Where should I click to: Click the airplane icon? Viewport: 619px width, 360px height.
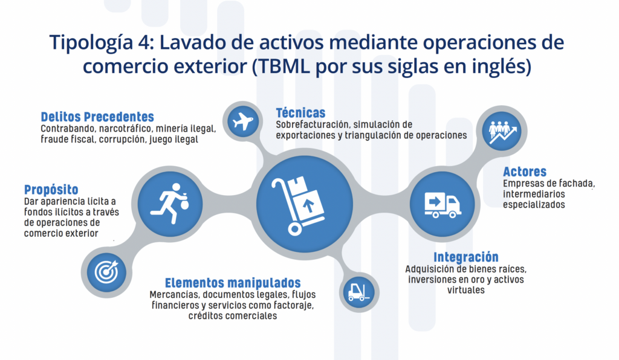(243, 121)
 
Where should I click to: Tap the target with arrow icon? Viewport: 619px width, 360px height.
(106, 272)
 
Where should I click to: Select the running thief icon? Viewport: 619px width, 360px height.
(170, 204)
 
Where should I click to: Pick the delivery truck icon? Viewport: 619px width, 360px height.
(442, 205)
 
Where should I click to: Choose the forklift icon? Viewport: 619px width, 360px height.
(359, 292)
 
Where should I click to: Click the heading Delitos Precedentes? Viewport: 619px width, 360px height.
(97, 117)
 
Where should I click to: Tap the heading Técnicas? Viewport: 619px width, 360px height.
(301, 113)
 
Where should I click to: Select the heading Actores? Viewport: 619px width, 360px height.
(525, 172)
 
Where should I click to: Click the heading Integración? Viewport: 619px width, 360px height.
(466, 257)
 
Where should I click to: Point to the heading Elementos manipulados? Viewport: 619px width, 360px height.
(233, 283)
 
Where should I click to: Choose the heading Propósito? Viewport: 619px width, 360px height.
(51, 190)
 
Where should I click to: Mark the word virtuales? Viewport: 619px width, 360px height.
(466, 290)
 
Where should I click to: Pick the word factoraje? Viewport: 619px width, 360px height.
(294, 305)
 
